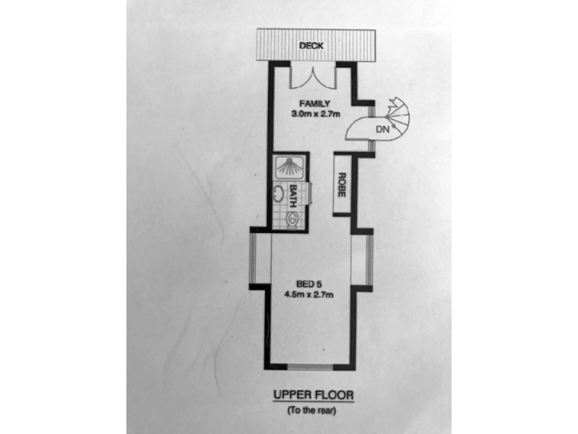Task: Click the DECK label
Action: tap(313, 46)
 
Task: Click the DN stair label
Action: tap(384, 130)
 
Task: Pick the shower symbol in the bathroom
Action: tap(289, 169)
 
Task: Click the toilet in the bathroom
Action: tap(291, 217)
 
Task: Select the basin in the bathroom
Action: tap(277, 194)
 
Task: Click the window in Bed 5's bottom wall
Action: tap(312, 366)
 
